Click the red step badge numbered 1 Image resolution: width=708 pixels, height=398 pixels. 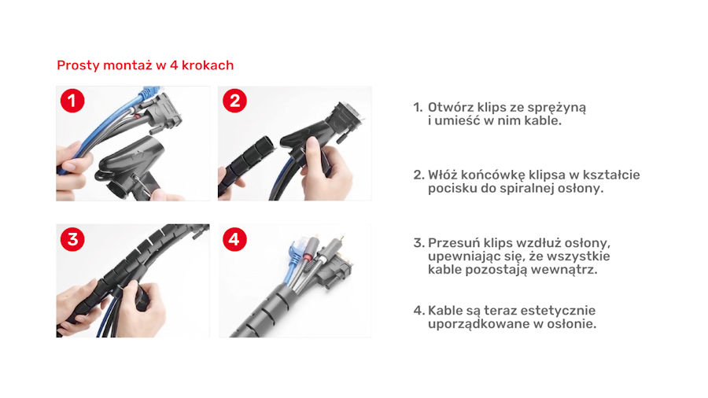(x=72, y=101)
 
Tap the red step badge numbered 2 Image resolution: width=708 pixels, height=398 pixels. (x=234, y=101)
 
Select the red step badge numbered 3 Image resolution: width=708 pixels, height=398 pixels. (x=72, y=239)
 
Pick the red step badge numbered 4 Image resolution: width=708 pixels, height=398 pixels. (x=234, y=239)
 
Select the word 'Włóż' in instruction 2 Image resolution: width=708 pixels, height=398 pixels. (x=442, y=175)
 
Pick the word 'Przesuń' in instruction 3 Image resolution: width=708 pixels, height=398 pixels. (x=454, y=243)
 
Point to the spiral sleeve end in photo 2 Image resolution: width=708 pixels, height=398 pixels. (x=264, y=146)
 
